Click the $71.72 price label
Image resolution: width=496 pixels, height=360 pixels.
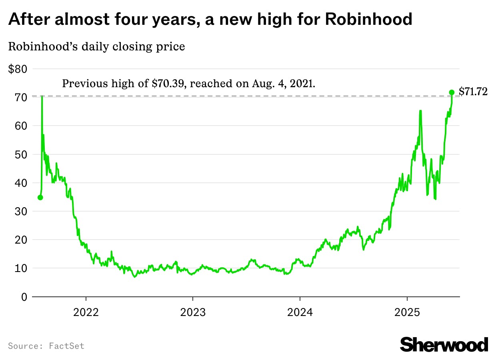coord(473,92)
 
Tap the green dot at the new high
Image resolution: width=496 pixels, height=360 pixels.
coord(452,92)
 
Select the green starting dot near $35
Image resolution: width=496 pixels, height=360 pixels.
coord(40,197)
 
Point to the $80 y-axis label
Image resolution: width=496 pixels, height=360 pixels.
coord(18,69)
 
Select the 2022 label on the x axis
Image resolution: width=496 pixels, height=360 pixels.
coord(86,312)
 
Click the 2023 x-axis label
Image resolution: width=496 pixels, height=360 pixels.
coord(193,312)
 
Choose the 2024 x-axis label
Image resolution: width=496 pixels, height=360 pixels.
coord(300,312)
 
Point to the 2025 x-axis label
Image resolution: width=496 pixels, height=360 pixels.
coord(407,312)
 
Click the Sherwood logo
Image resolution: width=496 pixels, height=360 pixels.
coord(444,344)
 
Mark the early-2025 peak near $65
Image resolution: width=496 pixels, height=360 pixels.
coord(420,111)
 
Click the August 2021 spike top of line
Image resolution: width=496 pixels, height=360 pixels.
coord(42,97)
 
